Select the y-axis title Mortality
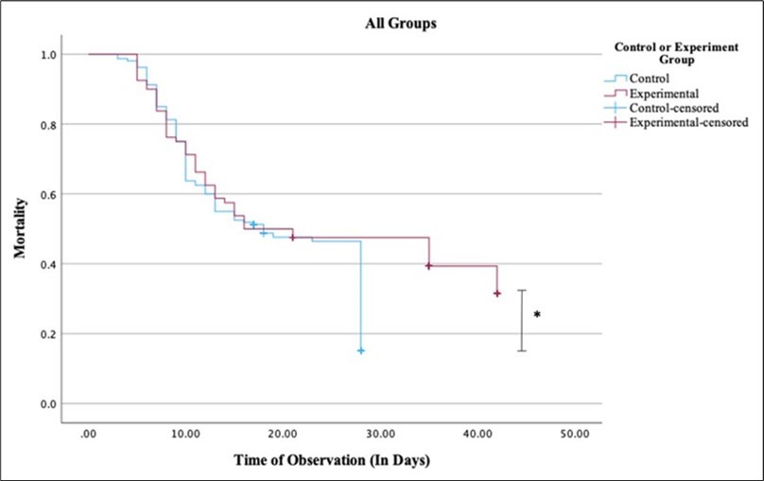pos(19,228)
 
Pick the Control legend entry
pos(650,79)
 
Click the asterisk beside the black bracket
pos(537,314)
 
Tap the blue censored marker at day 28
pos(361,350)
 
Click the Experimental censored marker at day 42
pos(497,294)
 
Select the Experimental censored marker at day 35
pos(429,266)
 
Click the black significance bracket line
pos(522,321)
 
